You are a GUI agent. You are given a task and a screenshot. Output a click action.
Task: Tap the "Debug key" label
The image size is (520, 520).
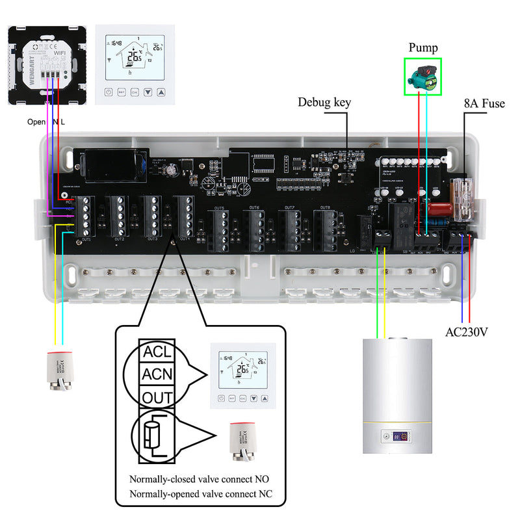tap(324, 102)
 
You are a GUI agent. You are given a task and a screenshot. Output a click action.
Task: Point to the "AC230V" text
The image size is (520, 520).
tap(467, 332)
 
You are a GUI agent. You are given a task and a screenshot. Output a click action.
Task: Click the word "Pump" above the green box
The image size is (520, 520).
tap(423, 48)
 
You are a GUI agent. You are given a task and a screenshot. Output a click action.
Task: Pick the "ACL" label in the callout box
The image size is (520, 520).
tap(158, 353)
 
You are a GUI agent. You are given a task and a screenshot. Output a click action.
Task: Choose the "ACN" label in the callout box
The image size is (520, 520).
tap(158, 375)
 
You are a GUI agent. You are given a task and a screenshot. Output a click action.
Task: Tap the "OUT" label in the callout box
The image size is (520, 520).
tap(158, 397)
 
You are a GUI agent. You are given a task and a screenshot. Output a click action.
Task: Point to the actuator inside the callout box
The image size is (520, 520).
tap(245, 444)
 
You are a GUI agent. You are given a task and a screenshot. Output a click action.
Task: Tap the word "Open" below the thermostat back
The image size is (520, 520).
tap(36, 122)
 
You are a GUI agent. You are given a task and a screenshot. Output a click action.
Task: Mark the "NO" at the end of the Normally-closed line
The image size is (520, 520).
tap(262, 479)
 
